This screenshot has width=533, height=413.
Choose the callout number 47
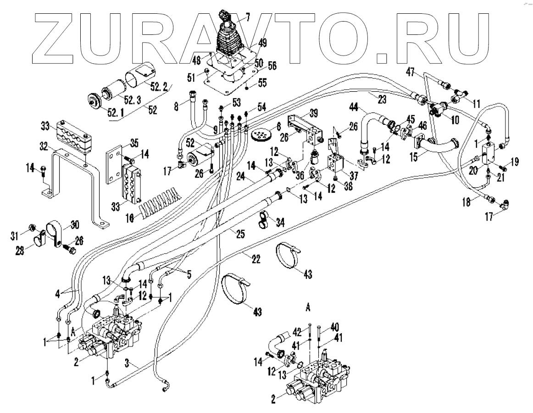click(x=410, y=72)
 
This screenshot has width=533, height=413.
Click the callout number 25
click(x=240, y=234)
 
